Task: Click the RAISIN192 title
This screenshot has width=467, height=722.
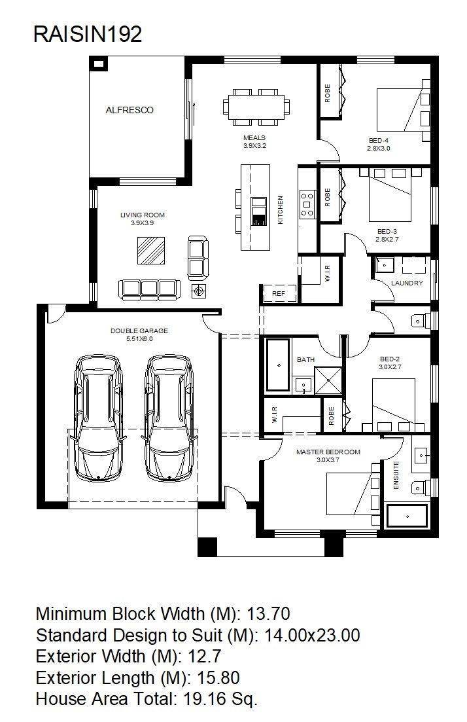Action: pos(88,35)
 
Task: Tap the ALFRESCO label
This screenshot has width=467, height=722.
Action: pos(130,110)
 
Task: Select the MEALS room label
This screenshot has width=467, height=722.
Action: pos(254,137)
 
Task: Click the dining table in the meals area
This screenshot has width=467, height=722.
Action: pos(257,107)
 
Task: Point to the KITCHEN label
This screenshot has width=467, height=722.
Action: pos(280,210)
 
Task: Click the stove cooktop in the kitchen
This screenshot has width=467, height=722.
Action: pos(307,204)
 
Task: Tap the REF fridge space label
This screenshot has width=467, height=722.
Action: pos(279,293)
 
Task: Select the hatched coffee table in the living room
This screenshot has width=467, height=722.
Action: pos(151,251)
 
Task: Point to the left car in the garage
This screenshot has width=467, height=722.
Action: pos(99,418)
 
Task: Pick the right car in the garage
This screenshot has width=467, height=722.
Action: pos(169,418)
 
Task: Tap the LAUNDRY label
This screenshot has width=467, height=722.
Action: pos(407,283)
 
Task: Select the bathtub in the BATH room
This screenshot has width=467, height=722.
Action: pos(279,366)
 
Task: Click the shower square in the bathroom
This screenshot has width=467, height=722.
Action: pos(328,381)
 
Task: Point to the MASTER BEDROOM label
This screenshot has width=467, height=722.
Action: pos(328,452)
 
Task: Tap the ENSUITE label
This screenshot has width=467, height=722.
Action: pos(396,475)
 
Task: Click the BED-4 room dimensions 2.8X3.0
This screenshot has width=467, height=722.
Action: pos(378,149)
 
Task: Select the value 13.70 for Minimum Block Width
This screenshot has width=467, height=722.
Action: pos(269,614)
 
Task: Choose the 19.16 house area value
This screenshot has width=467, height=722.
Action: pos(205,699)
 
